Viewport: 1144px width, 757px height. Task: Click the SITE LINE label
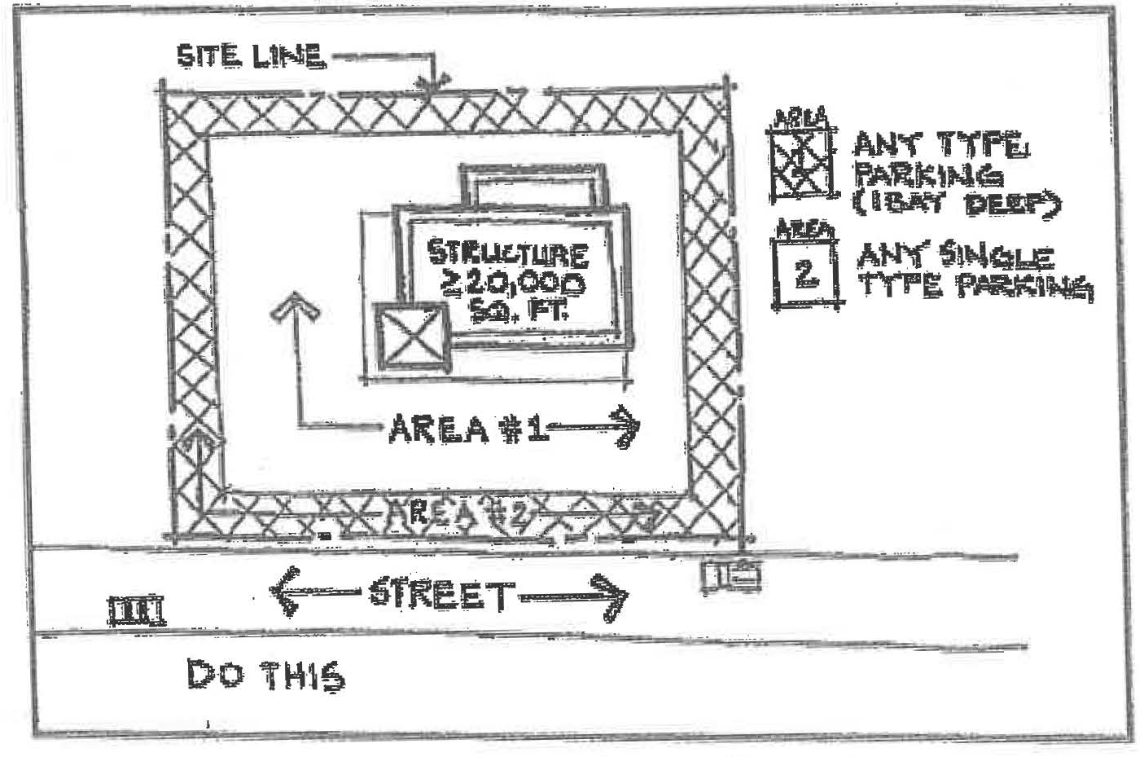tap(252, 55)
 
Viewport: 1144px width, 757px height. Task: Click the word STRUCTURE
tap(508, 253)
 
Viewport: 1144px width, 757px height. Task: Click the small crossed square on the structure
tap(411, 338)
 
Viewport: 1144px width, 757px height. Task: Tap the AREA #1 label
tap(467, 428)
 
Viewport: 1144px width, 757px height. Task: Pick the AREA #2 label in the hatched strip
tap(462, 513)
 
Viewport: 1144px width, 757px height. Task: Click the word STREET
tap(441, 594)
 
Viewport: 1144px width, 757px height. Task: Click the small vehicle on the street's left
tap(136, 610)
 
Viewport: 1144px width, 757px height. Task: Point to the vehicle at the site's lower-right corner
tap(731, 575)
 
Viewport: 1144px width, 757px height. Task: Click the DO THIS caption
tap(265, 676)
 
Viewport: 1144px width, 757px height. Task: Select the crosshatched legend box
tap(801, 165)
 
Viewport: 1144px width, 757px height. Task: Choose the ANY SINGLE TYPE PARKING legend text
tap(974, 271)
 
